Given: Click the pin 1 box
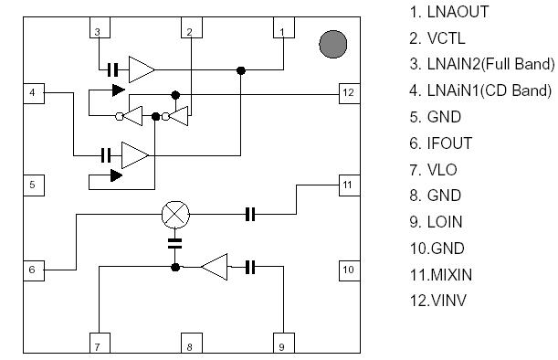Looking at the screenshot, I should point(283,32).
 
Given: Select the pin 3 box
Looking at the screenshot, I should point(97,32).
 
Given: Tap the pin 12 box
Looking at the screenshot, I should point(347,92).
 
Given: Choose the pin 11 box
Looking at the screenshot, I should point(347,185).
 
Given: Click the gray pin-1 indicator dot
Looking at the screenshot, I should point(333,43).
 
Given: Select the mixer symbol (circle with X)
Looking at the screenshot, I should point(174,215).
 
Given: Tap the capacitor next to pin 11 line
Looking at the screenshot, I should point(251,215).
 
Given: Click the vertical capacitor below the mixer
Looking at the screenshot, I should point(174,243).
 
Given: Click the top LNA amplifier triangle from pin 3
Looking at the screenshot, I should point(142,69).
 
